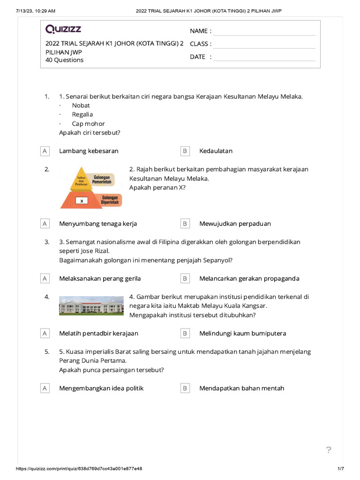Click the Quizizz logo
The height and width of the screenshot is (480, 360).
click(63, 30)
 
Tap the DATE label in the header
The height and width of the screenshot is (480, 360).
click(198, 57)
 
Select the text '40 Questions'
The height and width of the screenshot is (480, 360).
click(65, 60)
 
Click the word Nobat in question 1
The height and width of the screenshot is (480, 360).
click(81, 105)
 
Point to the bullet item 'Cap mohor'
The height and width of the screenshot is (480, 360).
click(88, 124)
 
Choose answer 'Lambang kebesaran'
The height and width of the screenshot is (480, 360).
click(89, 151)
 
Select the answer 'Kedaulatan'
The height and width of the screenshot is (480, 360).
click(216, 151)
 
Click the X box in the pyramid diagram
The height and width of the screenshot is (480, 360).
click(82, 201)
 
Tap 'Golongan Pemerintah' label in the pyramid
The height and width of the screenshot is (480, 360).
click(102, 179)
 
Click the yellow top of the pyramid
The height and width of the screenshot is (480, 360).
click(82, 179)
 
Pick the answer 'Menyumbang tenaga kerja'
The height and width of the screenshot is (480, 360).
click(98, 224)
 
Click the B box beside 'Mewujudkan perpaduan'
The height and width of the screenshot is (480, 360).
click(185, 224)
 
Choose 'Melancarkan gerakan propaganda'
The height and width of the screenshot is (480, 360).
click(249, 278)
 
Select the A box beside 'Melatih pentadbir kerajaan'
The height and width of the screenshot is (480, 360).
click(45, 333)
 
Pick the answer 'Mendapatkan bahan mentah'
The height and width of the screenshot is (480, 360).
click(241, 388)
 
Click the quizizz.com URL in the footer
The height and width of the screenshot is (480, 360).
click(79, 469)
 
